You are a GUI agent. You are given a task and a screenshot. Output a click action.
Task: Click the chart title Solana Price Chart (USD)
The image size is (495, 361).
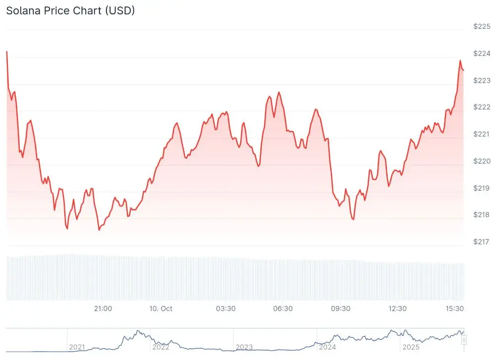[70, 10]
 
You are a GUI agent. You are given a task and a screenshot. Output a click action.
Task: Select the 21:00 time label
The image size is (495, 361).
[103, 309]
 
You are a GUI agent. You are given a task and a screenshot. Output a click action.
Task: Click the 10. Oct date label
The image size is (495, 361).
[161, 309]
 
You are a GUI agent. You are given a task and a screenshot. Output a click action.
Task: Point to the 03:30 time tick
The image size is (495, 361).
[226, 309]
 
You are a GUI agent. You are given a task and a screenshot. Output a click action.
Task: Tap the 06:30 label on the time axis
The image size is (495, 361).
[283, 309]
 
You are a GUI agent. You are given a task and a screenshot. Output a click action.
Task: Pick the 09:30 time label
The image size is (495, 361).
[341, 309]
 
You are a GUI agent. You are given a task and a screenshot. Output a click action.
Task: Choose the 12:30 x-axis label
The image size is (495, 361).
[397, 309]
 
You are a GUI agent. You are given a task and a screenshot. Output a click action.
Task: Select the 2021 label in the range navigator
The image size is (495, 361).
[77, 347]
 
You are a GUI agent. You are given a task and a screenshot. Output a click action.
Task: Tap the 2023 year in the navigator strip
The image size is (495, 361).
[244, 347]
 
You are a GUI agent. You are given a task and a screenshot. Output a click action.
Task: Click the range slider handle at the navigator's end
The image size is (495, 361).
[464, 340]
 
